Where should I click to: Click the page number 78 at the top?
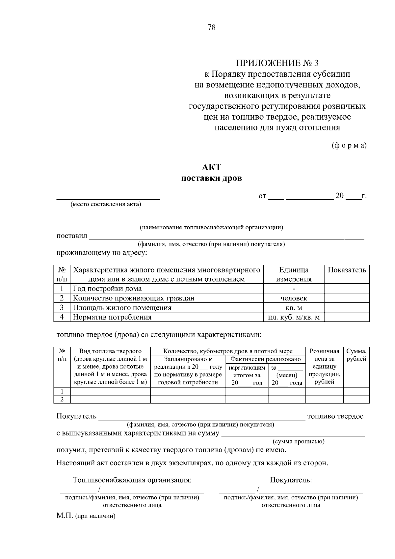pyautogui.click(x=211, y=27)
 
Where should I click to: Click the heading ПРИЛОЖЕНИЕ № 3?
pyautogui.click(x=277, y=63)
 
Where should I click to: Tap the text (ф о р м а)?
pyautogui.click(x=349, y=145)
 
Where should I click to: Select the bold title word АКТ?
pyautogui.click(x=211, y=167)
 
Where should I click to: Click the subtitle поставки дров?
pyautogui.click(x=211, y=179)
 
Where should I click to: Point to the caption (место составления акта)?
pyautogui.click(x=106, y=204)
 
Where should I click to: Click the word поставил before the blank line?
pyautogui.click(x=72, y=236)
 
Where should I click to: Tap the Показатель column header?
pyautogui.click(x=347, y=270)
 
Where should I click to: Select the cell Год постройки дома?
pyautogui.click(x=107, y=289)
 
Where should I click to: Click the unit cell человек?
pyautogui.click(x=294, y=298)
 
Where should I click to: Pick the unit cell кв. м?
pyautogui.click(x=294, y=308)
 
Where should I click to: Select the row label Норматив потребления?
pyautogui.click(x=112, y=317)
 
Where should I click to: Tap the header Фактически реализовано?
pyautogui.click(x=265, y=359)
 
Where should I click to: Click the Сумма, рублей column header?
pyautogui.click(x=356, y=355)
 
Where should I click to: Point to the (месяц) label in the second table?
pyautogui.click(x=287, y=375)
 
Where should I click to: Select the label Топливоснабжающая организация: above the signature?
pyautogui.click(x=132, y=480)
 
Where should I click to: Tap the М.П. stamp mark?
pyautogui.click(x=65, y=516)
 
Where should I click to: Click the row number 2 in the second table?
pyautogui.click(x=62, y=399)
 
